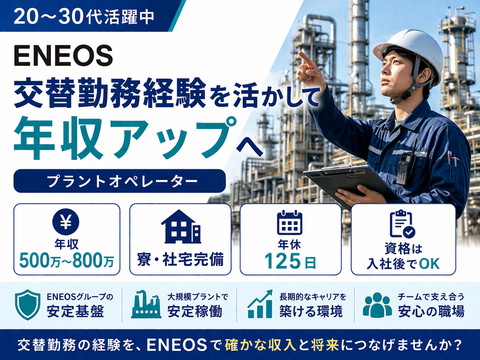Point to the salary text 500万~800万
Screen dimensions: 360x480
pyautogui.click(x=66, y=260)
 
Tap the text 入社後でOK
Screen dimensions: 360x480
pyautogui.click(x=401, y=262)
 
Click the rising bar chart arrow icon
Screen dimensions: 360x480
pyautogui.click(x=260, y=304)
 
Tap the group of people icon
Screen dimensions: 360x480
pyautogui.click(x=377, y=305)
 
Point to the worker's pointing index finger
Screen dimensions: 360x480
pyautogui.click(x=303, y=58)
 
